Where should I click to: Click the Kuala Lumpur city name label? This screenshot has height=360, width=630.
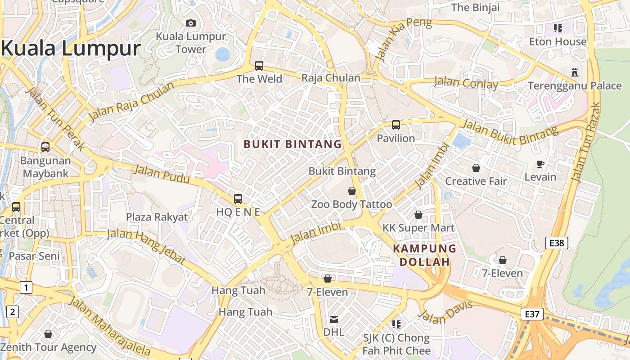tap(71, 49)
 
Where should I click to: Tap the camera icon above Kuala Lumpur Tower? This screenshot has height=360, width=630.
tap(191, 23)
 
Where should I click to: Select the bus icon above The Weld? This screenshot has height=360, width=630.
tap(259, 65)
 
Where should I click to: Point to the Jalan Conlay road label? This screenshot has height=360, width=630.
tap(466, 83)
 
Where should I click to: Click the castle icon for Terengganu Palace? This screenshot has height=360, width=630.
tap(574, 72)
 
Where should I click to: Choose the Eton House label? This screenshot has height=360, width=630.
tap(558, 42)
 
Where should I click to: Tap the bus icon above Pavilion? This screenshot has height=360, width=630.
tap(396, 125)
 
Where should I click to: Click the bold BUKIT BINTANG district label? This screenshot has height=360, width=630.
tap(292, 144)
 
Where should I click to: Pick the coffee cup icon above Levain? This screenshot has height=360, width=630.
tap(540, 164)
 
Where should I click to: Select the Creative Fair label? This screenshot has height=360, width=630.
tap(476, 181)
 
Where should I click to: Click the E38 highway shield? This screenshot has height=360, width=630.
tap(557, 243)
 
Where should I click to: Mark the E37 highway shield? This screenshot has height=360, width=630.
tap(532, 314)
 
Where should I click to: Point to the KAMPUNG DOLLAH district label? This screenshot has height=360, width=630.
tap(424, 255)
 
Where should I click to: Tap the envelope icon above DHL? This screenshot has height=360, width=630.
tap(334, 319)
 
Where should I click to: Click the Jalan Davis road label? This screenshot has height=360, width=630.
tap(445, 312)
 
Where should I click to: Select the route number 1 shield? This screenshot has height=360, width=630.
tap(26, 287)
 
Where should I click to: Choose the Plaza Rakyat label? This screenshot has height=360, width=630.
tap(157, 217)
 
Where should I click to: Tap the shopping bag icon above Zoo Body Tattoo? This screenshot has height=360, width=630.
tap(352, 191)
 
